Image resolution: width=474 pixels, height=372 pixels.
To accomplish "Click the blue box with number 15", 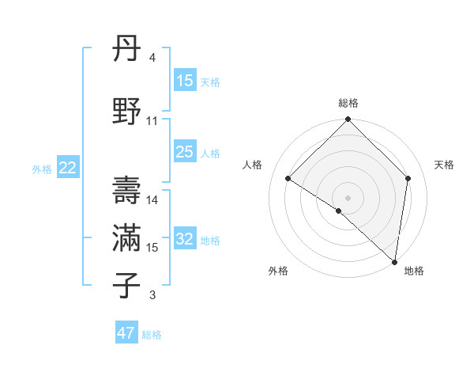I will pos(184,81).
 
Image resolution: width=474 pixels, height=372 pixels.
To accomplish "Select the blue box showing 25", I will pos(184,152).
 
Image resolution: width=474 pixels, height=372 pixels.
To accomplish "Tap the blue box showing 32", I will pos(184,239).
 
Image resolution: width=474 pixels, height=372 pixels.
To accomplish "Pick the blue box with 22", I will pos(68,168).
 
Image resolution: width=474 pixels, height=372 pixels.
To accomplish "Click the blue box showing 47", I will pos(126,333).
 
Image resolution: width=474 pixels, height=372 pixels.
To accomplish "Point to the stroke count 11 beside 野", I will pos(152,121).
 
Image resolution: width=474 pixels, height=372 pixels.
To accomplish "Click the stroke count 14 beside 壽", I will pos(152,200).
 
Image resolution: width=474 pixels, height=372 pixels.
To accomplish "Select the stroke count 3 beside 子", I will pos(152,295).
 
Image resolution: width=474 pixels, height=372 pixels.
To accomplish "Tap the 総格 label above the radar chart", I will pos(348,103).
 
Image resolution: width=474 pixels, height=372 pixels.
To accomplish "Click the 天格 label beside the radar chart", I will pos(444,165).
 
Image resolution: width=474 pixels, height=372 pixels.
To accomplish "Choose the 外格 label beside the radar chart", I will pos(278,271).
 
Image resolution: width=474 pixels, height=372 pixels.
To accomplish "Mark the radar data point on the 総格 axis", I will pos(348,120).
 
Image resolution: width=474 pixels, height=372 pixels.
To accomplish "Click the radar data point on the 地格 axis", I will pos(394,261).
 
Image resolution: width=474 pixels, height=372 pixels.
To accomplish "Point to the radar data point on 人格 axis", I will pos(288,178).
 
